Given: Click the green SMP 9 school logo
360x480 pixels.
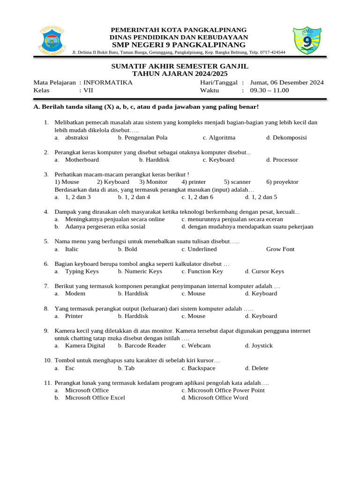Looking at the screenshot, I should (x=307, y=42).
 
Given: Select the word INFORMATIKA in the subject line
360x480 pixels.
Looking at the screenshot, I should (x=108, y=82).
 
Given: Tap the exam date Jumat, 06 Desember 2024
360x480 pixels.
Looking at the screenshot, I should (x=287, y=82).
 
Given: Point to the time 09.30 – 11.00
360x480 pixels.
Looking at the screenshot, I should (x=270, y=90).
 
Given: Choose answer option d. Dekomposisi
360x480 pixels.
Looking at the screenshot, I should (x=286, y=138).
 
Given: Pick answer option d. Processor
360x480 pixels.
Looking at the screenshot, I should (x=282, y=160).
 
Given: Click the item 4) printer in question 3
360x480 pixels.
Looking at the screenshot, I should (x=194, y=182).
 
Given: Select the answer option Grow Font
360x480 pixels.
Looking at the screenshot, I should (x=280, y=249).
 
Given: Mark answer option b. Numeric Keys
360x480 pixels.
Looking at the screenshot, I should (x=140, y=271).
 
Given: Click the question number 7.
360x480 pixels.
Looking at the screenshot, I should (x=46, y=286).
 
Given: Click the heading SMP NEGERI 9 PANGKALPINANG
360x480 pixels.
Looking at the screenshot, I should (x=178, y=45).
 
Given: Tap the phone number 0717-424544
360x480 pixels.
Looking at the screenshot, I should (x=271, y=52).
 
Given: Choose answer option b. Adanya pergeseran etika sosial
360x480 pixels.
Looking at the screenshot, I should (x=105, y=227).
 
